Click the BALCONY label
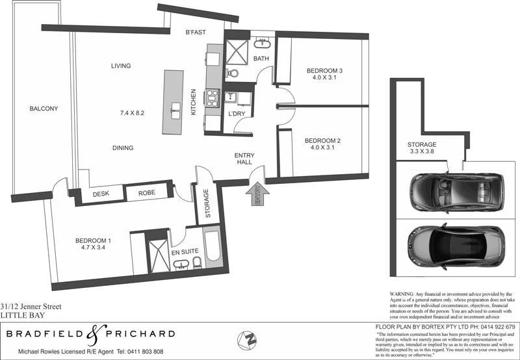click(44, 109)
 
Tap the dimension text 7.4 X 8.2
click(131, 113)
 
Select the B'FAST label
click(196, 32)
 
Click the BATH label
click(261, 59)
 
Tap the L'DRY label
click(236, 114)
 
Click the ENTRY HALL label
click(244, 159)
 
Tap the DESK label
click(100, 194)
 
